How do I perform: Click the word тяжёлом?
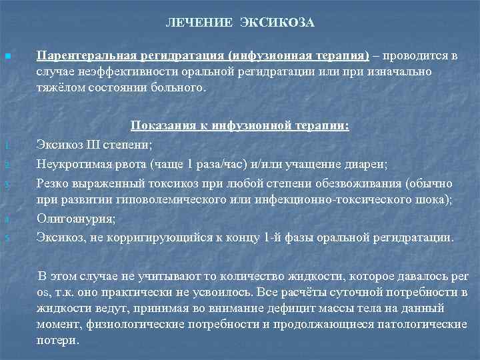[60, 88]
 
